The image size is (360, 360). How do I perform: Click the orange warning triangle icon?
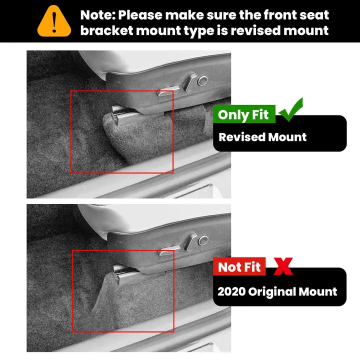(54, 21)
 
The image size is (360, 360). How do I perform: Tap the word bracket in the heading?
(107, 30)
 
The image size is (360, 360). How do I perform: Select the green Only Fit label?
(244, 114)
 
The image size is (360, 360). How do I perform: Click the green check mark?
(290, 109)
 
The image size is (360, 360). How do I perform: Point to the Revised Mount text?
(262, 137)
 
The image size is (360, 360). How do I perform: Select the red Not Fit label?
(239, 267)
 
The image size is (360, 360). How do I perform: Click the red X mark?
(283, 266)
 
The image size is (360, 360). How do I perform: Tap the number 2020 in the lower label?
(231, 291)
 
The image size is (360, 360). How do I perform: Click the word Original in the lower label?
(272, 292)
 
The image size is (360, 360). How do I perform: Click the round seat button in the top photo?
(202, 80)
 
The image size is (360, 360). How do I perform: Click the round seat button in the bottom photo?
(202, 240)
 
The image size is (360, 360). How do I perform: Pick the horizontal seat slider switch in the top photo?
(168, 90)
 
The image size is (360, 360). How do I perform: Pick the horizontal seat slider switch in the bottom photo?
(169, 250)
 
